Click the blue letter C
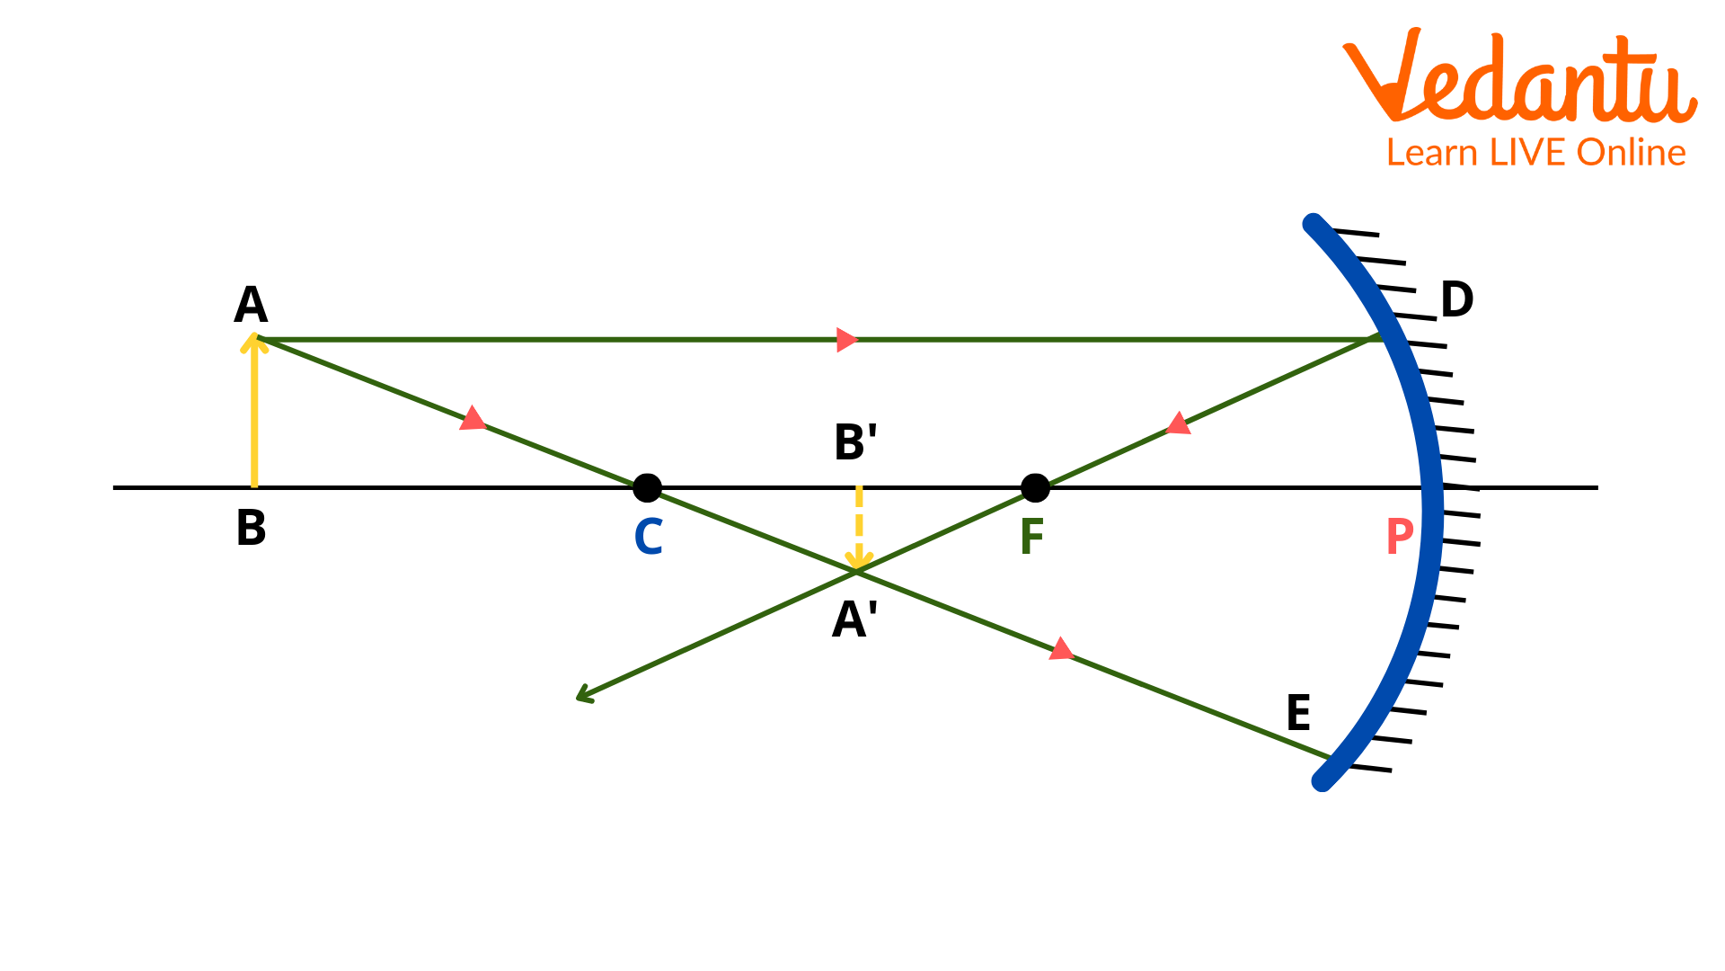click(x=649, y=537)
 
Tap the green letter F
click(x=1031, y=537)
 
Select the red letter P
click(x=1399, y=537)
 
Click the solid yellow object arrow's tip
click(x=254, y=338)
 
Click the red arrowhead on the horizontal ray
click(x=846, y=340)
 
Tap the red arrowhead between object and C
click(x=473, y=419)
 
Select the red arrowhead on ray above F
click(x=1178, y=423)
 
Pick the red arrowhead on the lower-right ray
click(x=1061, y=649)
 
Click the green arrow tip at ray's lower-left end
click(x=580, y=696)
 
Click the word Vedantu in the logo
click(x=1519, y=77)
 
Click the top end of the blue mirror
click(x=1313, y=222)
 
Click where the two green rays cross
click(x=856, y=571)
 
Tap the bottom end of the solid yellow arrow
click(x=254, y=485)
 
